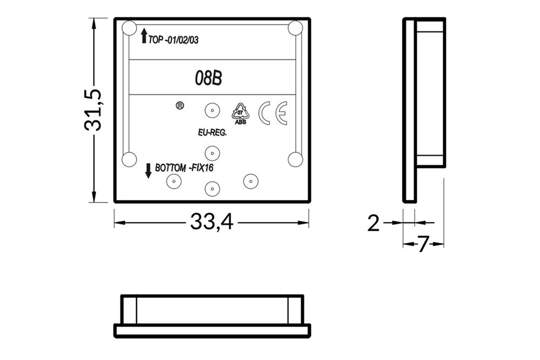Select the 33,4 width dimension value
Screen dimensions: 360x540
click(211, 222)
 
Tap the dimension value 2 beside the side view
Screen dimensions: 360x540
click(373, 222)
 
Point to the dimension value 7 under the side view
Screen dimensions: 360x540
click(423, 244)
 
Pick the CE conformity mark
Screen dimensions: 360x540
click(273, 113)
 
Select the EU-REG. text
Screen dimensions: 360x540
click(212, 131)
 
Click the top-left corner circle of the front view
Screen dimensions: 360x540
click(129, 28)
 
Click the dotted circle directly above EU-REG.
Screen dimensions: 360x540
click(212, 111)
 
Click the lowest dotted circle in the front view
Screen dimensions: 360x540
click(212, 189)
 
